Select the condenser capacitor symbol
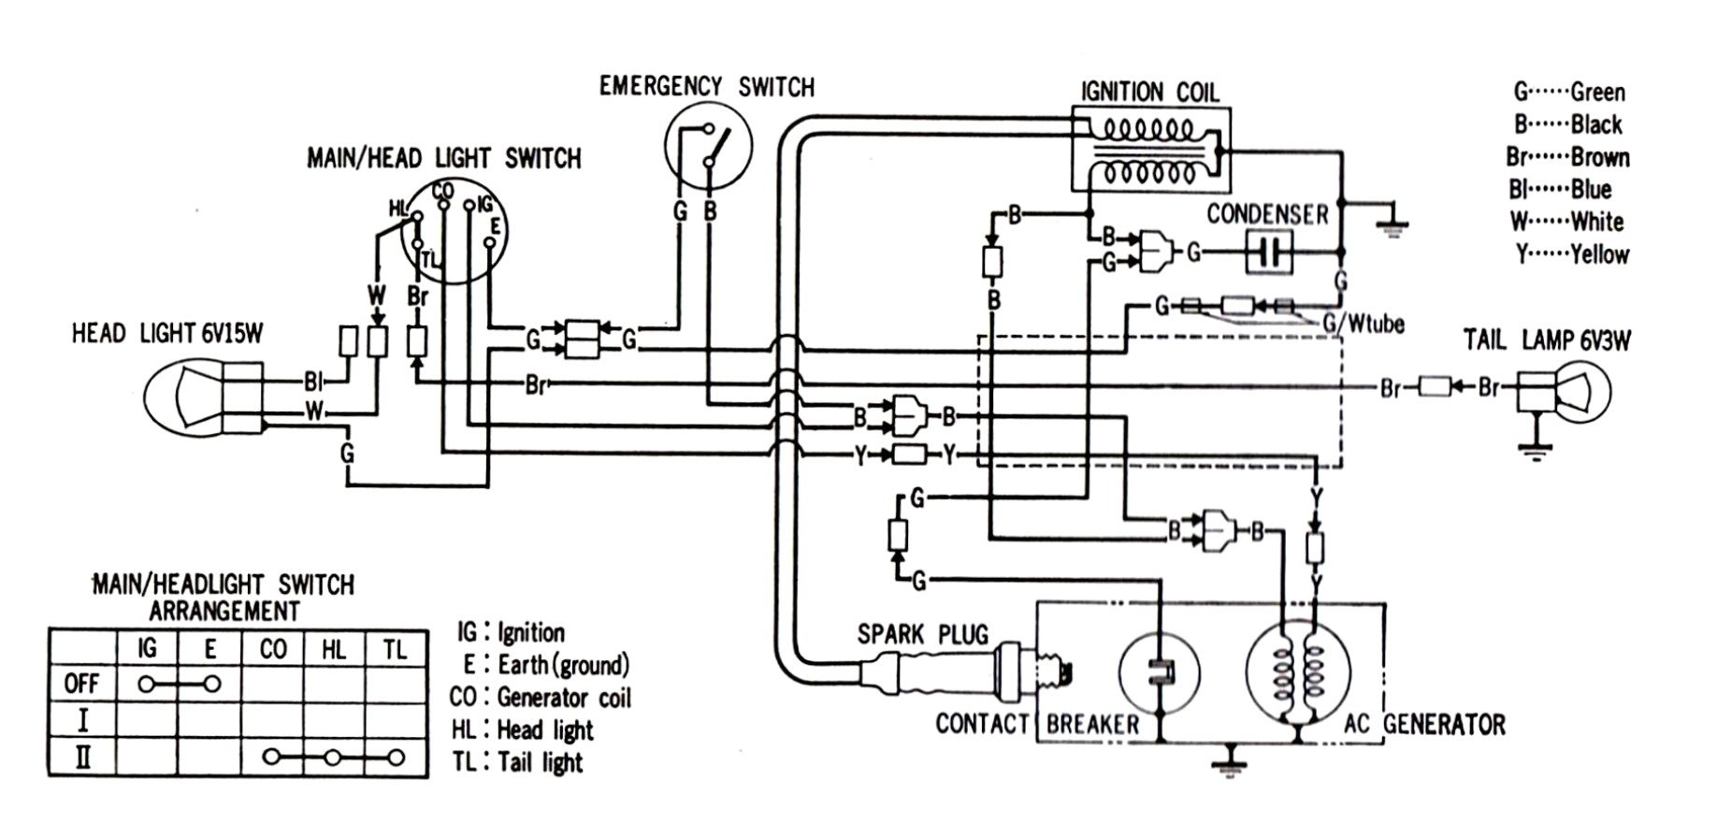(x=1269, y=253)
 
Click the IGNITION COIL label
(x=1149, y=92)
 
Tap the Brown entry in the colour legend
(x=1568, y=157)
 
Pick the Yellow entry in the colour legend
(x=1572, y=254)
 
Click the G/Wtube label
(x=1363, y=325)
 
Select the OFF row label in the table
(x=81, y=684)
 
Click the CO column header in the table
(x=273, y=649)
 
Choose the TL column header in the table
(x=396, y=649)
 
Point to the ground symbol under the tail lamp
(x=1533, y=451)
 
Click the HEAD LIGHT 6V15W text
(x=167, y=334)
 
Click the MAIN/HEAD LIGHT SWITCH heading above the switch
(x=444, y=158)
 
